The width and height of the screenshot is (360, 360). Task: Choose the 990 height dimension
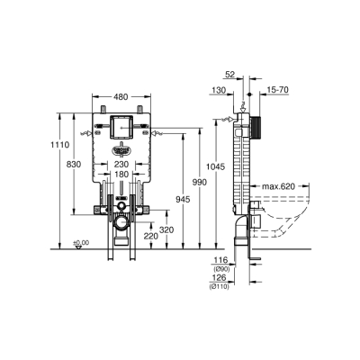click(x=201, y=183)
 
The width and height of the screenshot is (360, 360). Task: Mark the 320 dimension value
click(x=166, y=229)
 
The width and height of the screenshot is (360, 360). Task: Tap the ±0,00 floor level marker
click(x=82, y=243)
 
